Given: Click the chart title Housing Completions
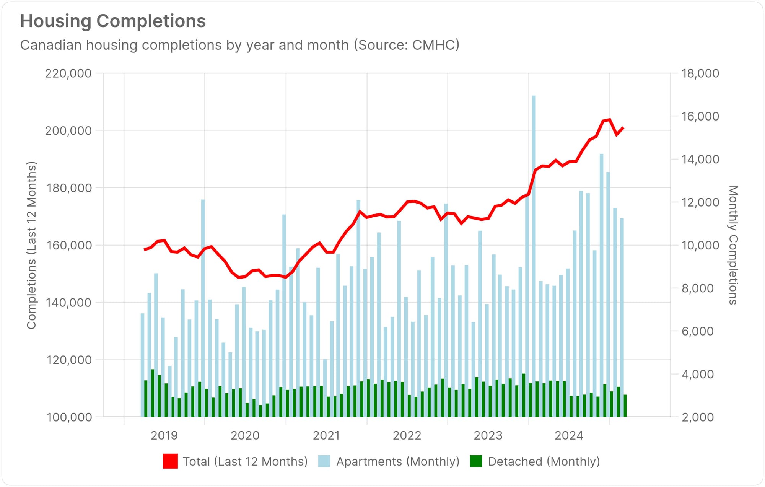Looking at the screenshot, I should coord(113,21).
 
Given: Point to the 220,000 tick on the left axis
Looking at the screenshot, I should coord(68,73).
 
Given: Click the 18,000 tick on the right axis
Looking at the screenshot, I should coord(700,73).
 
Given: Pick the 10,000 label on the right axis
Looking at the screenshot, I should coord(700,245).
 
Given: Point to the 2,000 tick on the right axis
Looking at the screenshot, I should coord(697,417).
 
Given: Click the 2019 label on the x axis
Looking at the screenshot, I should coord(164,435).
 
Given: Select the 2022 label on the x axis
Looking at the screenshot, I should coord(407,435).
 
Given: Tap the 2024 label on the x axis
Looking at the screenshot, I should coord(569,435).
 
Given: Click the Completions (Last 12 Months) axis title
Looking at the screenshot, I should coord(31,245).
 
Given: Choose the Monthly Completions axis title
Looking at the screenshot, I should coord(732,245).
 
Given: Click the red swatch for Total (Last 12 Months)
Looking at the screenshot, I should coord(170,461).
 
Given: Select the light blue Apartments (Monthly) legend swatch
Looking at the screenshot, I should coord(324,461).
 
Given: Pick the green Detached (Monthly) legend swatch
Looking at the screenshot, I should coord(476,461).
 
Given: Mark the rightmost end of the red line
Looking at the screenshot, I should coord(623,128).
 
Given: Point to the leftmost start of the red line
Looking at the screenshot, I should coord(145,250).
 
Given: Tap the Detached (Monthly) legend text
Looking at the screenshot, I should coord(544,461).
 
